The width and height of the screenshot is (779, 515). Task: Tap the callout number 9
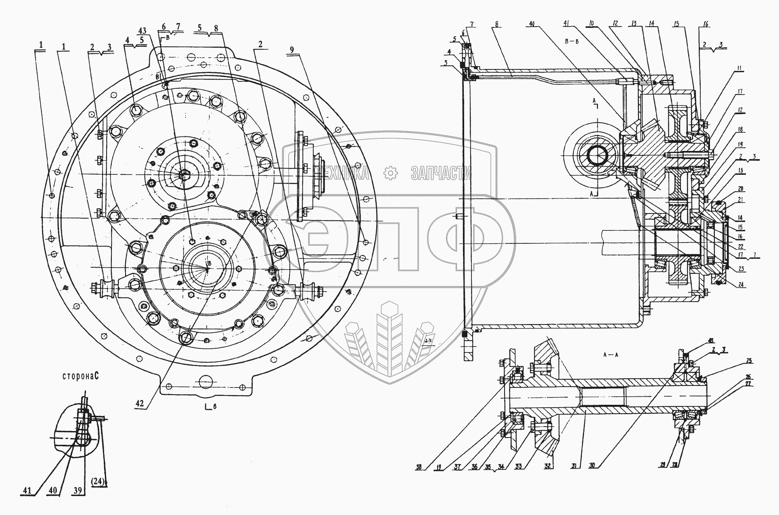pyautogui.click(x=292, y=50)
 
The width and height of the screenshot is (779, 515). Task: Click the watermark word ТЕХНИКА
pyautogui.click(x=343, y=174)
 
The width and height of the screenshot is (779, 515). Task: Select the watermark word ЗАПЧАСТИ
pyautogui.click(x=441, y=174)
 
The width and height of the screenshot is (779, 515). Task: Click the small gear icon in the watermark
pyautogui.click(x=390, y=173)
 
